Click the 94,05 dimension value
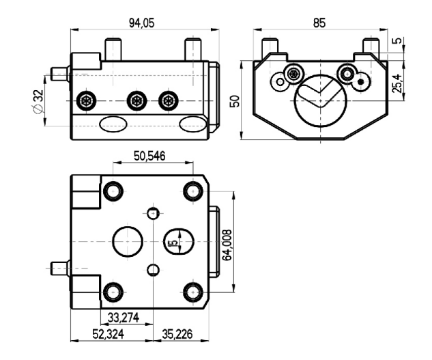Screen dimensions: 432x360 (x=142, y=23)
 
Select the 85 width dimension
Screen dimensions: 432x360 (x=319, y=23)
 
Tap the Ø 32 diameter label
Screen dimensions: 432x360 (x=38, y=101)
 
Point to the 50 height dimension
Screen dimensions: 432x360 (x=235, y=101)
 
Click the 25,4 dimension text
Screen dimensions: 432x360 (x=397, y=83)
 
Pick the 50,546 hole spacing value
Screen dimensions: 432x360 (x=149, y=156)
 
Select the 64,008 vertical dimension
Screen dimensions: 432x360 (x=227, y=245)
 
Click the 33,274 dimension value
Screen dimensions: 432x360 (x=123, y=318)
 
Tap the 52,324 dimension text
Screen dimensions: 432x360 (x=108, y=334)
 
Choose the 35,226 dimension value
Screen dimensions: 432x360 (x=177, y=334)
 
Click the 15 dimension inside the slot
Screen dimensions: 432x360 (x=174, y=243)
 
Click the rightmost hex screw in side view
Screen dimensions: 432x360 (x=168, y=100)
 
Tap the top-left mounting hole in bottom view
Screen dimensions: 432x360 (x=113, y=191)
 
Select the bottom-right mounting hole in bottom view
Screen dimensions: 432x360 (x=193, y=292)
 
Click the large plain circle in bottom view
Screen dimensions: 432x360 (x=128, y=242)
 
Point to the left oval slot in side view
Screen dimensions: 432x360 (x=113, y=124)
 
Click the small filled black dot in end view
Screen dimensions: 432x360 (x=360, y=82)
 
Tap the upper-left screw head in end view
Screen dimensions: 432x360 (x=295, y=74)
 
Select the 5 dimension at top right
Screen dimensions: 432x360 (x=397, y=40)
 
